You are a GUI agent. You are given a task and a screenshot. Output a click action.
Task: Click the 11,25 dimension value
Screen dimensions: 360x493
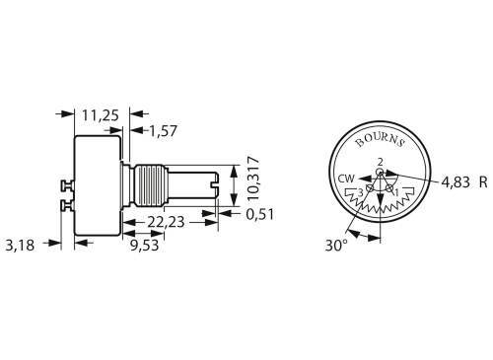100,115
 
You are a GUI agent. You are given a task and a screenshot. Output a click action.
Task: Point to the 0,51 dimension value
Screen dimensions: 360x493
260,212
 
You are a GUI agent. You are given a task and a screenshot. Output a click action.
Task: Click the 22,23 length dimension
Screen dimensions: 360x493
170,223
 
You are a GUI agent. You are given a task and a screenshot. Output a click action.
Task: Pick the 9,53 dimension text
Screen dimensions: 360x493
146,245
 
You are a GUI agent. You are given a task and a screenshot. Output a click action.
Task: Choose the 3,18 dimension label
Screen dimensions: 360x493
21,245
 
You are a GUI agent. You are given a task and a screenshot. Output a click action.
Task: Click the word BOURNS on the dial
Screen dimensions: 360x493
380,145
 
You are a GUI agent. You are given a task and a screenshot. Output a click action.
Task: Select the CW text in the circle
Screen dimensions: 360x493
345,179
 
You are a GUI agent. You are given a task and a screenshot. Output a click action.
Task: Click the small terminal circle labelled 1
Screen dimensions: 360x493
391,187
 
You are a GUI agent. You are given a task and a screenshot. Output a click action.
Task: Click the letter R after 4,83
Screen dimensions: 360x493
483,182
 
